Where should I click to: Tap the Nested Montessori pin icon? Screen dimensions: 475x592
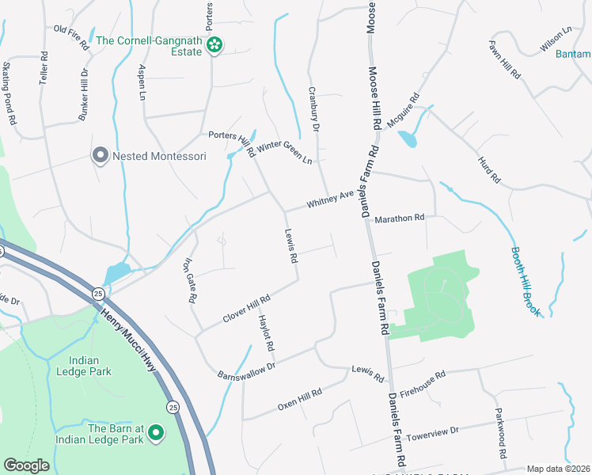point(100,155)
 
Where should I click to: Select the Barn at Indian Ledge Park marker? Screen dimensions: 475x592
point(156,433)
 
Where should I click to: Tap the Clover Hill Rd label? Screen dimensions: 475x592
point(247,308)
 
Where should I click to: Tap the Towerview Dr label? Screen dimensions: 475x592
point(432,432)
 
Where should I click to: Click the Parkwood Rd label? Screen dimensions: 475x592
point(500,434)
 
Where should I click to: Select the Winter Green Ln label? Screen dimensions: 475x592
point(283,150)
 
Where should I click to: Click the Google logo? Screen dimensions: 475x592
point(26,465)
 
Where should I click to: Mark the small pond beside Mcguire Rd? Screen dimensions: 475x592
point(407,139)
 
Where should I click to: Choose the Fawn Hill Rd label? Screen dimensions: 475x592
point(504,59)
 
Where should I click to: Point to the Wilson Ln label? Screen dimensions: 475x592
point(556,40)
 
